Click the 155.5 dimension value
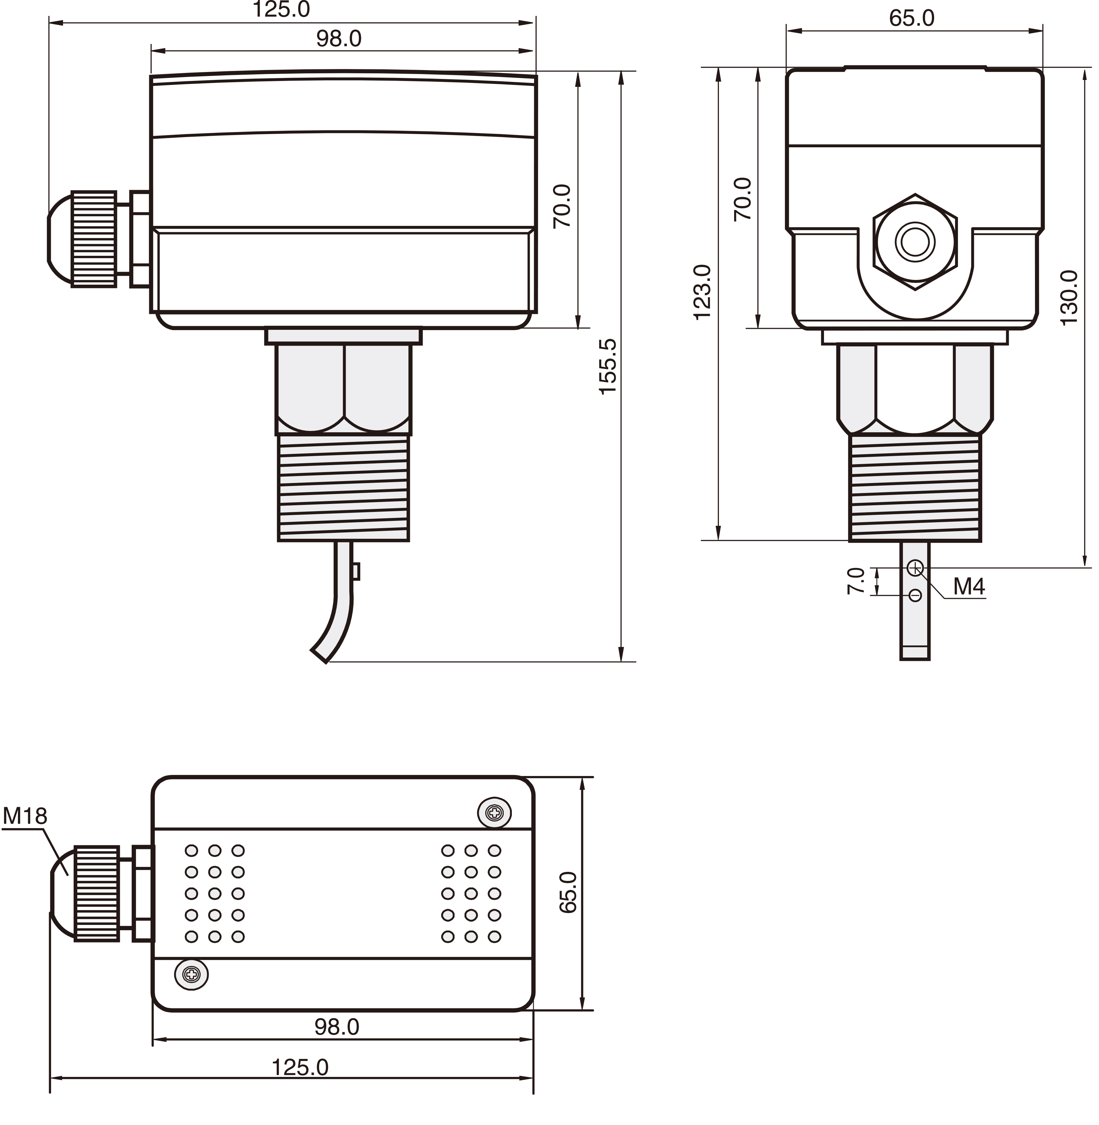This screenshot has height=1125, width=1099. [x=608, y=367]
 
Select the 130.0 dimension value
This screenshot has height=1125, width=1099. [x=1069, y=298]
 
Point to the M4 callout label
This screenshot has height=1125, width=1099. [x=969, y=587]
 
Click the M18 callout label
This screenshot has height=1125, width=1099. [x=25, y=816]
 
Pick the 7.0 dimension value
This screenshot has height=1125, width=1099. [x=856, y=581]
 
